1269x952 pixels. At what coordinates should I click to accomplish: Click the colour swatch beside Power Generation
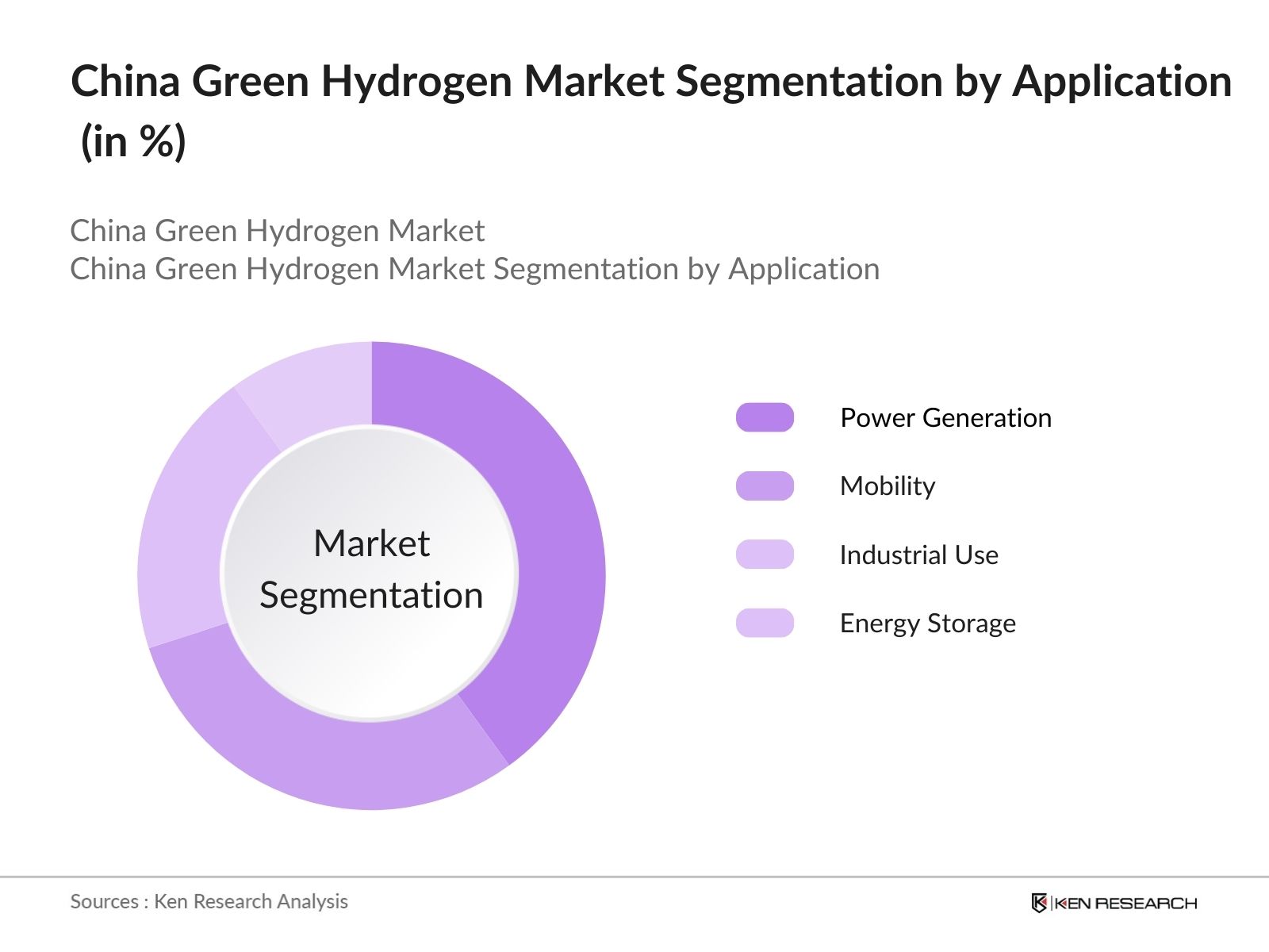click(765, 417)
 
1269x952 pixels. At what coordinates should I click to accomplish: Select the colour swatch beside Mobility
click(765, 486)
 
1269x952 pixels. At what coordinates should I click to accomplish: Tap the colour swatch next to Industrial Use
click(765, 555)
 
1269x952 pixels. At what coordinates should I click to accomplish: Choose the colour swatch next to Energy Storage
click(765, 623)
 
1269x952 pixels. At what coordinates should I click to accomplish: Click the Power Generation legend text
click(945, 417)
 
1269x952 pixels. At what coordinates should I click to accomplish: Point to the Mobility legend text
click(888, 486)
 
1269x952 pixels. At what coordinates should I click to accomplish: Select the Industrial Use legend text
click(918, 555)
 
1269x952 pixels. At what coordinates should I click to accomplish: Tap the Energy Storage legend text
click(927, 623)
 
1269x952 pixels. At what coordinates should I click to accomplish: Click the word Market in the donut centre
click(371, 544)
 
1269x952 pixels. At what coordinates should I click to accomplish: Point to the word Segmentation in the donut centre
click(371, 595)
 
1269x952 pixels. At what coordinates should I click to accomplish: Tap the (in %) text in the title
click(133, 142)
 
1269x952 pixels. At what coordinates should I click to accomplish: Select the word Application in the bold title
click(1121, 82)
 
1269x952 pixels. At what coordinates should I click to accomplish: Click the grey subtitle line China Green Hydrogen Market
click(277, 231)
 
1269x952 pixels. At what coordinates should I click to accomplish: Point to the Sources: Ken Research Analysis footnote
click(209, 901)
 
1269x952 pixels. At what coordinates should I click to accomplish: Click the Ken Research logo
click(1114, 903)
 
